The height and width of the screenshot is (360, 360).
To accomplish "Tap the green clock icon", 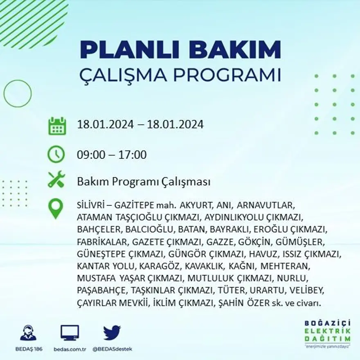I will (x=56, y=155).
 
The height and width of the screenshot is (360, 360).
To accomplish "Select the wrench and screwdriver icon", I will (x=56, y=179).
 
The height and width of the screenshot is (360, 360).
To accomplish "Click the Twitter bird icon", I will (x=112, y=333).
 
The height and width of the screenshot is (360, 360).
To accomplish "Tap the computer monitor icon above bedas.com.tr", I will (x=70, y=333).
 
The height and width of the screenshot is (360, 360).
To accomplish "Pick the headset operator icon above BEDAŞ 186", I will (x=28, y=333).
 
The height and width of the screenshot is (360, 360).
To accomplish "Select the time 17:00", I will (x=133, y=155).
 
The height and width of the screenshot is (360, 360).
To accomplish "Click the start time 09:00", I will (x=90, y=155).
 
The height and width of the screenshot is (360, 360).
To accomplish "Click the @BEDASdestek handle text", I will (x=112, y=349).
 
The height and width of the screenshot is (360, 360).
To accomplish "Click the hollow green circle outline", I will (x=18, y=93).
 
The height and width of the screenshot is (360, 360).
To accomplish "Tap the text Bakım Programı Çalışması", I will (x=144, y=182).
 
